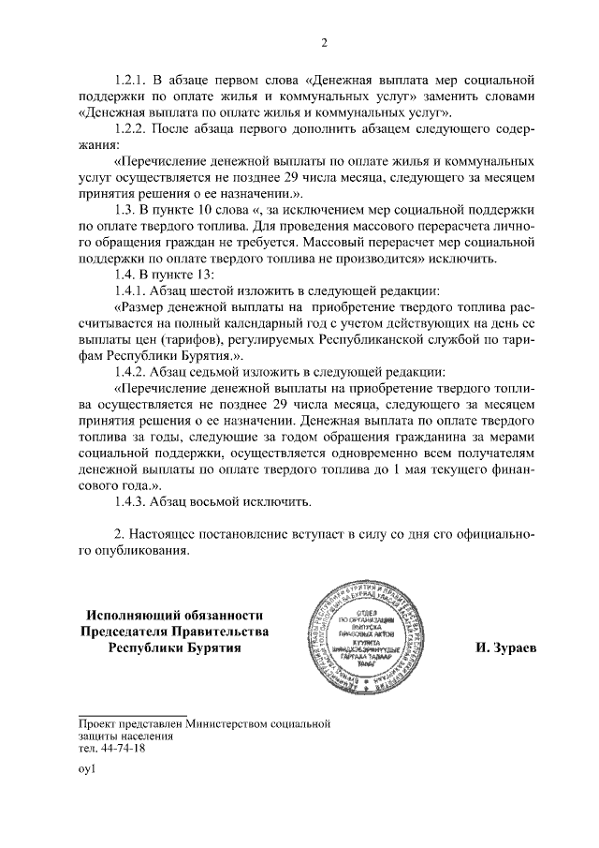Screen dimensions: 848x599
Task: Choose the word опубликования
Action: coord(139,551)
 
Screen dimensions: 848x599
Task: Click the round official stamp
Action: coord(376,638)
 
